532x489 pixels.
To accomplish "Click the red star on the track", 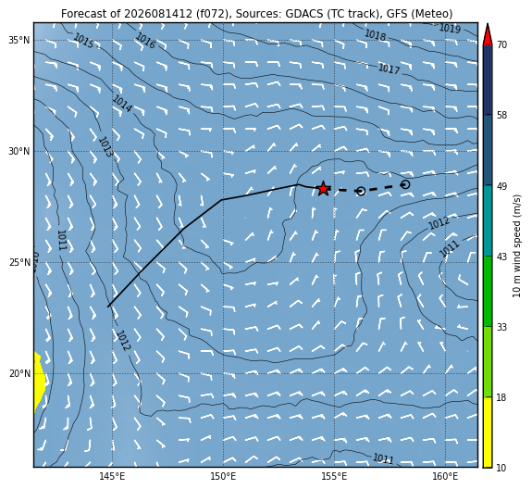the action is click(x=323, y=189).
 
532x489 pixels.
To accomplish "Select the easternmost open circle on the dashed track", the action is click(x=405, y=184).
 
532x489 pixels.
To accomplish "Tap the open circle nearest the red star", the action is click(x=361, y=191).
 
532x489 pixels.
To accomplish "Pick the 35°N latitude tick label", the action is click(x=19, y=41).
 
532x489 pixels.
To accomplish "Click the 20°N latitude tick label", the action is click(x=19, y=374).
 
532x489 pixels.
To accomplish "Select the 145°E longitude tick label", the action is click(x=112, y=476).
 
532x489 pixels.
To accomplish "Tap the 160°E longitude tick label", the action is click(x=445, y=476).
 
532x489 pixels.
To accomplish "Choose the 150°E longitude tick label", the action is click(x=223, y=476).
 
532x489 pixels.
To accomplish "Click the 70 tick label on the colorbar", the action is click(x=501, y=44).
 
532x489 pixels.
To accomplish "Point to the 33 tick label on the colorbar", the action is click(x=501, y=327).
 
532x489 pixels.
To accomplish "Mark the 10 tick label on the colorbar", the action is click(x=501, y=468).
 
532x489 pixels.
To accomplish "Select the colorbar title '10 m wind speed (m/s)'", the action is click(x=516, y=245).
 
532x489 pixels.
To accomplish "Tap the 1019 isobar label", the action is click(x=450, y=29).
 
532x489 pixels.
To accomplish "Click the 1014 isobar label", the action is click(x=122, y=104).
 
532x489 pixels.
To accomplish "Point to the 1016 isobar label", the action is click(x=145, y=41).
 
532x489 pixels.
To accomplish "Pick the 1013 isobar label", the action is click(x=105, y=147).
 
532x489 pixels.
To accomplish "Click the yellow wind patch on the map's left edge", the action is click(x=39, y=382).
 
